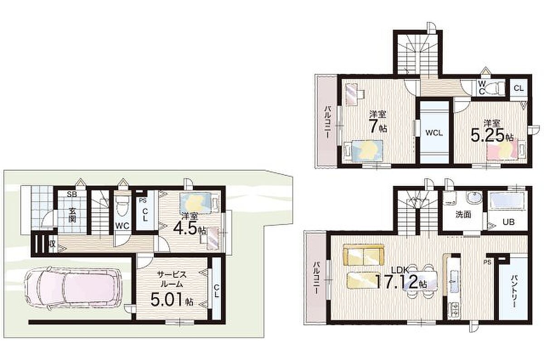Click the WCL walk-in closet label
pyautogui.click(x=434, y=133)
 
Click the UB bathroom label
pyautogui.click(x=508, y=222)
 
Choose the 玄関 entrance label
pyautogui.click(x=72, y=214)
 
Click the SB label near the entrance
pyautogui.click(x=72, y=194)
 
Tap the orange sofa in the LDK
pyautogui.click(x=364, y=255)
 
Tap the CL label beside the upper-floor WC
pyautogui.click(x=519, y=88)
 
